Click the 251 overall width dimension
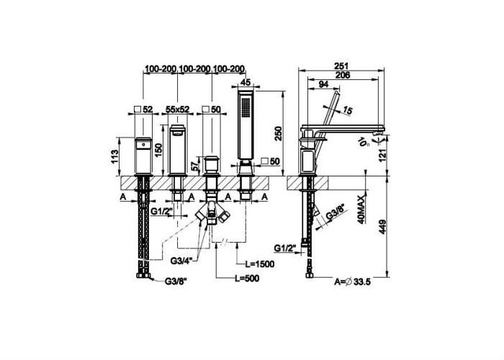[x=341, y=66]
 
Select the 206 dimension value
[x=342, y=75]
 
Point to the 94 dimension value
[x=323, y=84]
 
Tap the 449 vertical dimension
[x=382, y=227]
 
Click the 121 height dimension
[x=382, y=156]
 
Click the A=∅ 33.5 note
[x=352, y=282]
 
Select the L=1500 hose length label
[x=260, y=264]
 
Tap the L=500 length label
[x=246, y=279]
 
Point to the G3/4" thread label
[x=181, y=261]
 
